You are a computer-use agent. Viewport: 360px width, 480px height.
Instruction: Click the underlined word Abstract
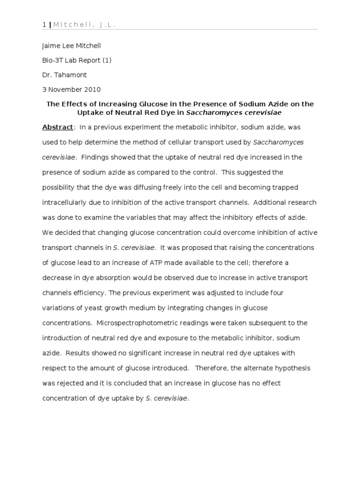[x=58, y=127]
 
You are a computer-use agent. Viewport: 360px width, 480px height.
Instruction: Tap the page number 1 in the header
[x=44, y=25]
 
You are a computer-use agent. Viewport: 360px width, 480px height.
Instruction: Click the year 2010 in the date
[x=92, y=90]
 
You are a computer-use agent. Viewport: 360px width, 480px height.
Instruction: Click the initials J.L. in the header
[x=108, y=25]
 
